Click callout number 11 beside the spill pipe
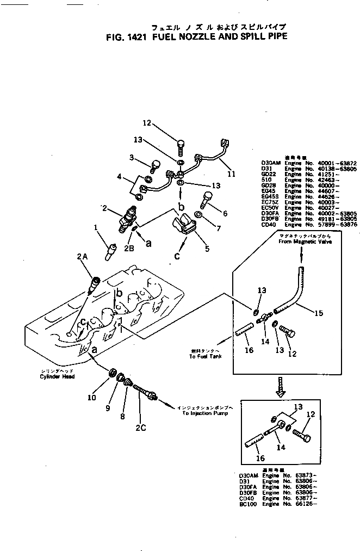click(231, 175)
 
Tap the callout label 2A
click(82, 257)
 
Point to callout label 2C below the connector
click(141, 427)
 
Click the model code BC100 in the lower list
click(247, 504)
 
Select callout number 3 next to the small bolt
click(132, 157)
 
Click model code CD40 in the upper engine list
click(268, 225)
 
